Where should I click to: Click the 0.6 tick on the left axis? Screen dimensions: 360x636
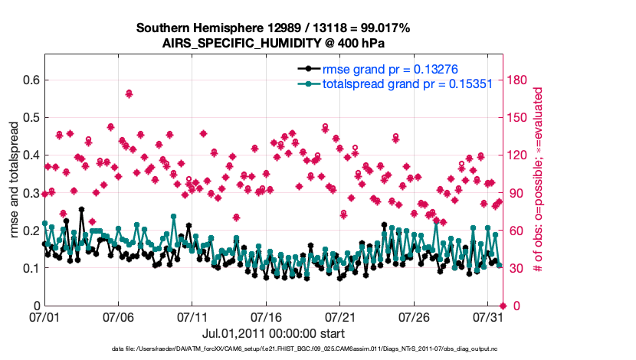click(x=30, y=80)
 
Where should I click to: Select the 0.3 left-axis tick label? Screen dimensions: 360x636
click(x=30, y=193)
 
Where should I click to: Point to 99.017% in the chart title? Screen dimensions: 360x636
click(x=385, y=28)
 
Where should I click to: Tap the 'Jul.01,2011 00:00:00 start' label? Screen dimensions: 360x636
click(x=273, y=333)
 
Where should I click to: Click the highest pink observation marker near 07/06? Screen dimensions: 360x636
click(x=129, y=93)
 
